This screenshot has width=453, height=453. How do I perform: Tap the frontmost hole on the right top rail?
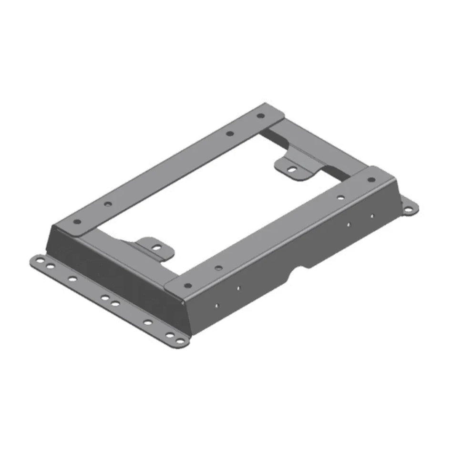pyautogui.click(x=187, y=286)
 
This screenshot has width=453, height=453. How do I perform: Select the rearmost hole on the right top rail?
pyautogui.click(x=371, y=179)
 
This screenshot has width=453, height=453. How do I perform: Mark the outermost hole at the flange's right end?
pyautogui.click(x=179, y=340)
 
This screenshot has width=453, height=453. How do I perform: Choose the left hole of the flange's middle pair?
pyautogui.click(x=104, y=298)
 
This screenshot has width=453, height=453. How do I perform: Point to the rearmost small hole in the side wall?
pyautogui.click(x=372, y=216)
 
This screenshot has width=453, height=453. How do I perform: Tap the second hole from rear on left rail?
pyautogui.click(x=229, y=134)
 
